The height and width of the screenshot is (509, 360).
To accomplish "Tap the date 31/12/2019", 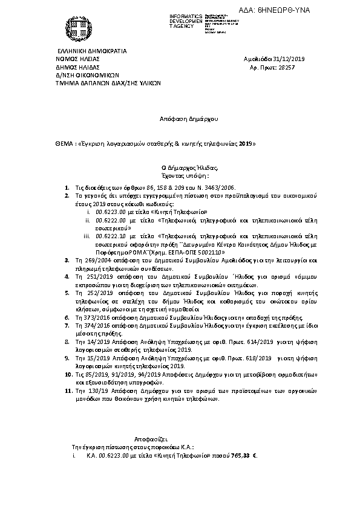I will click(x=293, y=59).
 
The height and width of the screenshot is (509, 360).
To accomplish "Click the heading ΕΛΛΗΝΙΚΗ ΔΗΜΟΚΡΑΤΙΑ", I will click(x=91, y=51).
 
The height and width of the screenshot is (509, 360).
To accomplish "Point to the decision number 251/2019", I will click(x=94, y=275).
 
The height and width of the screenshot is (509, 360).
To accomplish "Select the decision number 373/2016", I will click(x=94, y=317).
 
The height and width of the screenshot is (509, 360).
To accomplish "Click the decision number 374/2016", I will click(x=94, y=325).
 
